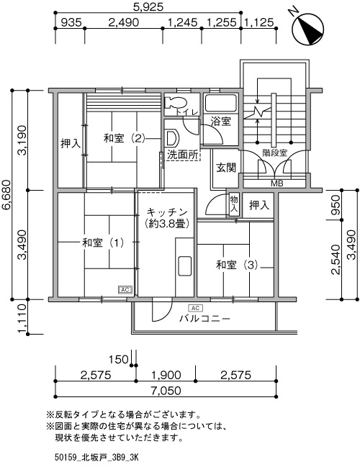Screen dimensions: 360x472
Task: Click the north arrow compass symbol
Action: coord(307,29)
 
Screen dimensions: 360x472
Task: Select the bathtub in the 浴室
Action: coord(221,104)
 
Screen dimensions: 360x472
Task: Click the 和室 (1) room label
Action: coord(104,242)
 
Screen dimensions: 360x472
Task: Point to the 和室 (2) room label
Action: coord(124,138)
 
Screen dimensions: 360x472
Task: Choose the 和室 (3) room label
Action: coord(237,265)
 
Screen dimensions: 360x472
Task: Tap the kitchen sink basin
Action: coord(184,265)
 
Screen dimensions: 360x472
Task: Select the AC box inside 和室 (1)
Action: coord(125,289)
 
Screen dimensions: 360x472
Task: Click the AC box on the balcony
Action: coord(195,308)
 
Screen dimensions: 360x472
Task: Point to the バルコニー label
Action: coord(204,318)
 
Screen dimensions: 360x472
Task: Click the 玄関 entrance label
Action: coord(226,168)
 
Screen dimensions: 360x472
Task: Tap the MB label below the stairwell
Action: coord(277,183)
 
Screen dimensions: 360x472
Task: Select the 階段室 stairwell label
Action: coord(274,153)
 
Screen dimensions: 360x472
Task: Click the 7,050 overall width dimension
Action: coord(166,391)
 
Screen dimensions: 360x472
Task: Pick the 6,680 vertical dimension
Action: coord(6,194)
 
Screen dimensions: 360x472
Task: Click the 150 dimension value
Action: coord(118,359)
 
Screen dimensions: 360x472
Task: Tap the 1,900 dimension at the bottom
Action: coord(166,375)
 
